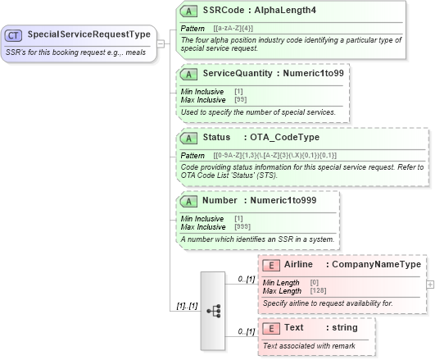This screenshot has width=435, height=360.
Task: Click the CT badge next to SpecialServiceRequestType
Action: point(14,35)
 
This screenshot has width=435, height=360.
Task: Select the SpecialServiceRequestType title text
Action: point(88,35)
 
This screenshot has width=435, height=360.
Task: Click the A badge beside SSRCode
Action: point(188,11)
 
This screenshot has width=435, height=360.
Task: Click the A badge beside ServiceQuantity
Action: point(188,74)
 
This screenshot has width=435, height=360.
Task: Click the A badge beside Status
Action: point(188,137)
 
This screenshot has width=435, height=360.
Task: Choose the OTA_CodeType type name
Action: point(282,137)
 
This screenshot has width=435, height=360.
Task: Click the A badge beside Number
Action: point(188,200)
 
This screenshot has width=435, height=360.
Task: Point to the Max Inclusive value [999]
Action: point(243,226)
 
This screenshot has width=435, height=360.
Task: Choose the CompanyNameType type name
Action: point(378,264)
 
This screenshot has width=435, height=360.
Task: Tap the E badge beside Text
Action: point(270,327)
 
